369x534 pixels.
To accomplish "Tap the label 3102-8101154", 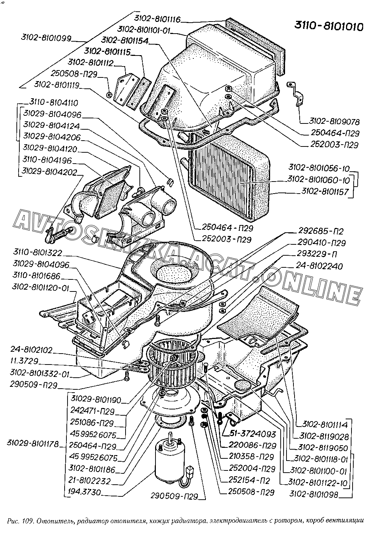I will (124, 41).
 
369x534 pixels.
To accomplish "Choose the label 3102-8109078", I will (334, 121).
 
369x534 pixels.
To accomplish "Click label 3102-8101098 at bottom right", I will (314, 494).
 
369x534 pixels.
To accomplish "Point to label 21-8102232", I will (90, 481).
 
